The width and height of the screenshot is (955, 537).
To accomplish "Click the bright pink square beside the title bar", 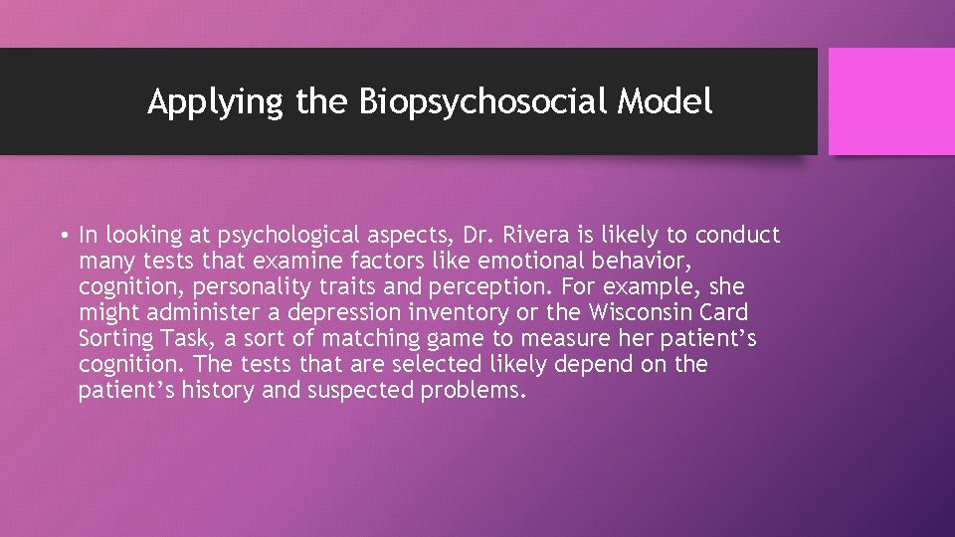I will tap(890, 101).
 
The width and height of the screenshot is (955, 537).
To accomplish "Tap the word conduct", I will tap(737, 236).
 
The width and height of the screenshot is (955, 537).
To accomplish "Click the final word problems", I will tap(473, 391).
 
